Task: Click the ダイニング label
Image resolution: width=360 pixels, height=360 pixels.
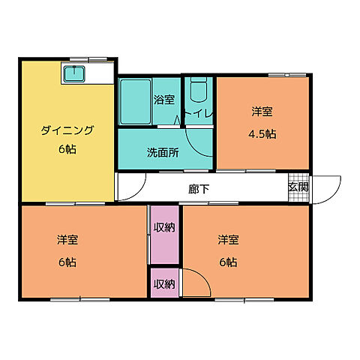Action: pos(67,130)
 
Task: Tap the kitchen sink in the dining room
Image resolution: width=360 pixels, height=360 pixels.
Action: pos(76,73)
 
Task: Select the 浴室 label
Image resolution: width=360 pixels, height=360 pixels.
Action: pos(163,98)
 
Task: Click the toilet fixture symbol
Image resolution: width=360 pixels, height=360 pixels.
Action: pos(198,91)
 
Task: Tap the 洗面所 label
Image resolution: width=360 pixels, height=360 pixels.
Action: pos(162,152)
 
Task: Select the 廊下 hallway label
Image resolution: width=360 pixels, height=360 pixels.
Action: pos(199,188)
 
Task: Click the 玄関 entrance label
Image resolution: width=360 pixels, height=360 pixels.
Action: pos(298,187)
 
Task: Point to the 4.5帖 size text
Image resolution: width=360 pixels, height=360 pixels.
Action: pos(262,135)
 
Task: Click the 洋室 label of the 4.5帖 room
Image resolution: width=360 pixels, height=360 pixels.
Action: pos(262,112)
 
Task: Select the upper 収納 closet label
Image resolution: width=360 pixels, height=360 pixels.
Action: pos(164,227)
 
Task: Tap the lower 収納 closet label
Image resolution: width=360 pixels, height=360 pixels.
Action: pos(164,283)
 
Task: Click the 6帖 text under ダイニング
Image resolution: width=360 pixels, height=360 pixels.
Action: pos(67,149)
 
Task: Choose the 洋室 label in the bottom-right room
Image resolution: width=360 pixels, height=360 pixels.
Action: pos(229,240)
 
